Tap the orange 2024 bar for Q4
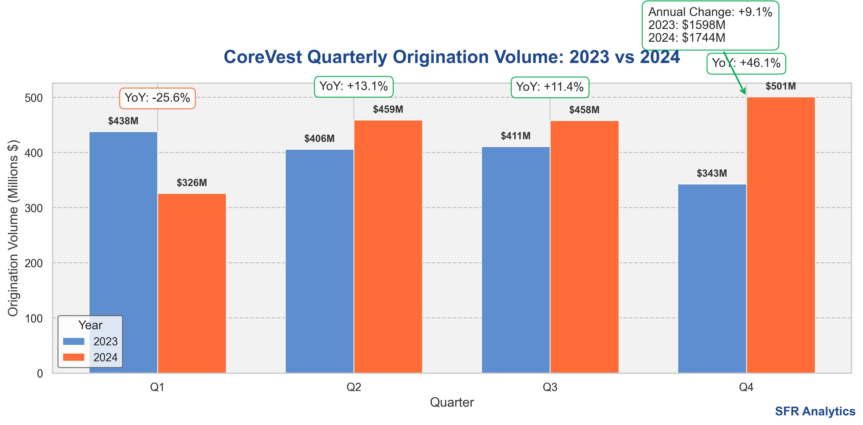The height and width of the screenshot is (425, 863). tap(781, 234)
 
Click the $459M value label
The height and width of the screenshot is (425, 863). tap(388, 109)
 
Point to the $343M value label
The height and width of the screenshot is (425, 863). tap(712, 173)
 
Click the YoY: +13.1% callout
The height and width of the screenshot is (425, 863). tap(354, 86)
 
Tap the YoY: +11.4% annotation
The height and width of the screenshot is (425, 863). tap(550, 87)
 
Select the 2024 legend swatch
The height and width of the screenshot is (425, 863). tap(74, 357)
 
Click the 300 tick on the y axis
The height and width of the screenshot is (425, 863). tap(34, 208)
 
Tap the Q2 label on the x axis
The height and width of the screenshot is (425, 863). tap(354, 387)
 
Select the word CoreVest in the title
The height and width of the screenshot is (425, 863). tap(263, 57)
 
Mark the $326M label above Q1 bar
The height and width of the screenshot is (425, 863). tap(192, 183)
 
